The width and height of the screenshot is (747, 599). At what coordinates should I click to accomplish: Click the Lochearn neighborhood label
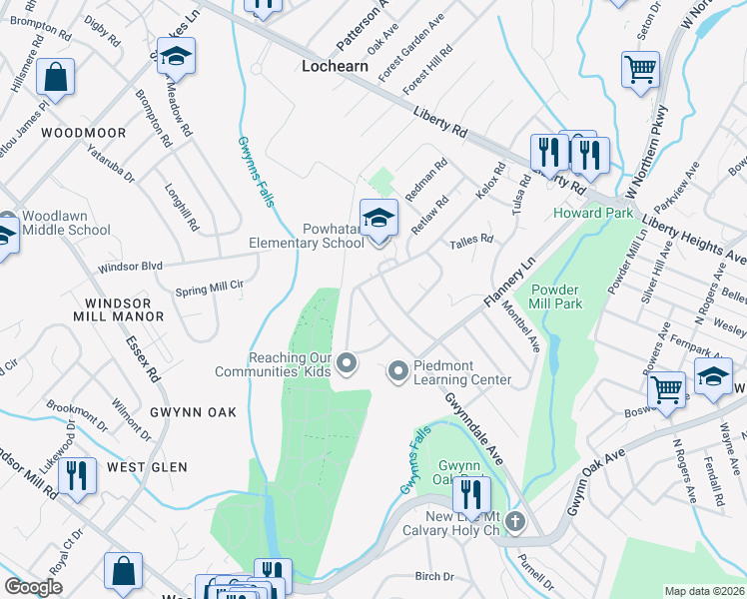coord(335,66)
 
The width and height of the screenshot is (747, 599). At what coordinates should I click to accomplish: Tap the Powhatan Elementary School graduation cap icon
coord(378,220)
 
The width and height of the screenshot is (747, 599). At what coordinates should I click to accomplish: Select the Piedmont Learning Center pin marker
coord(398,371)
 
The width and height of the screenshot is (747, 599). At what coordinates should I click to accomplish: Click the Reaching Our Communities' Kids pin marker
coord(347,363)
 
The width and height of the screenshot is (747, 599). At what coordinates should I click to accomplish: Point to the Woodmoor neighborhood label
coord(84,133)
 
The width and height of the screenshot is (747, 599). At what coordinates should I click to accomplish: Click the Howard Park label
coord(591,213)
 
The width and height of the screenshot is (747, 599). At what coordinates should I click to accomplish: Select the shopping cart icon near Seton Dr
coord(640,71)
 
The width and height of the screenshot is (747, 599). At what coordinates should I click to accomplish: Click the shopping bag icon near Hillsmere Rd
coord(57,77)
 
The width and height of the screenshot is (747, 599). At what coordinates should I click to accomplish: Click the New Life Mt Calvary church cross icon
coord(514,521)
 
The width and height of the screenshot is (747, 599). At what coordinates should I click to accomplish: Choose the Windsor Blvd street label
coord(130,267)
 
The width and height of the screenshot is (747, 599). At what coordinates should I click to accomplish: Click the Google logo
coord(34,587)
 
